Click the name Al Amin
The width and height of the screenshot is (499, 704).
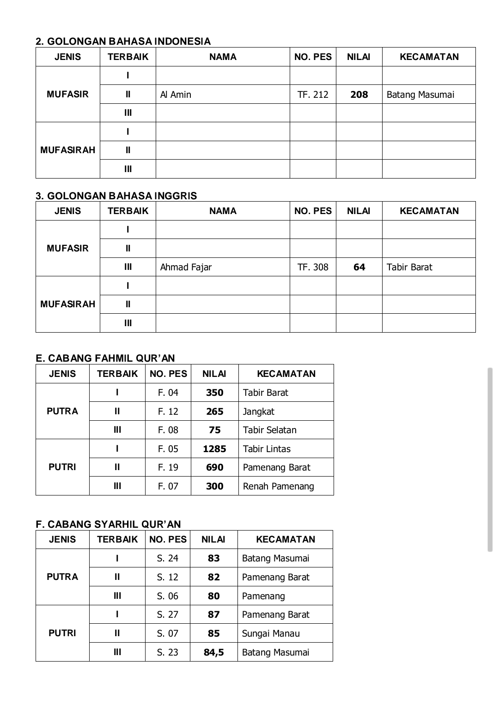(176, 95)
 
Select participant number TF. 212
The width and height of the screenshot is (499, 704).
(313, 95)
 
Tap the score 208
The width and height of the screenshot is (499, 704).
(359, 95)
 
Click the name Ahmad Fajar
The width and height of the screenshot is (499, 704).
(186, 267)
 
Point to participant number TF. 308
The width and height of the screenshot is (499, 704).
(313, 267)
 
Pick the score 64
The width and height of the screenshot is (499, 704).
(359, 267)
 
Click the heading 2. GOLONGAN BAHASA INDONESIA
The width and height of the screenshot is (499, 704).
(123, 42)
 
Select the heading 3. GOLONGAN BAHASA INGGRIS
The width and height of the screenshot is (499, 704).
(116, 196)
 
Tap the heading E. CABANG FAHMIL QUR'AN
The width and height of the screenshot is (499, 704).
(105, 358)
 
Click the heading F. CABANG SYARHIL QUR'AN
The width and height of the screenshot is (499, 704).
(108, 524)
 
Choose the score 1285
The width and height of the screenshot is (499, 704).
(214, 449)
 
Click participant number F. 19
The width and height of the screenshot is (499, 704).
(168, 467)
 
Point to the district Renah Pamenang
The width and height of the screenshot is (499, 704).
(278, 486)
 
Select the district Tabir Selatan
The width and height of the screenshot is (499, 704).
(269, 430)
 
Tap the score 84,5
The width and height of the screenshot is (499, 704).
(213, 652)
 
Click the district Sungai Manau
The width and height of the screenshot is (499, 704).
(271, 633)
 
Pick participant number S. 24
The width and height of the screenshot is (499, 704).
(167, 558)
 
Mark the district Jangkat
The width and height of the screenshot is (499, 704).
(258, 412)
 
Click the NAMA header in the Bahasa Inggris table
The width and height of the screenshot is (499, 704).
(223, 211)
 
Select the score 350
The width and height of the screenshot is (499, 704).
(214, 393)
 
